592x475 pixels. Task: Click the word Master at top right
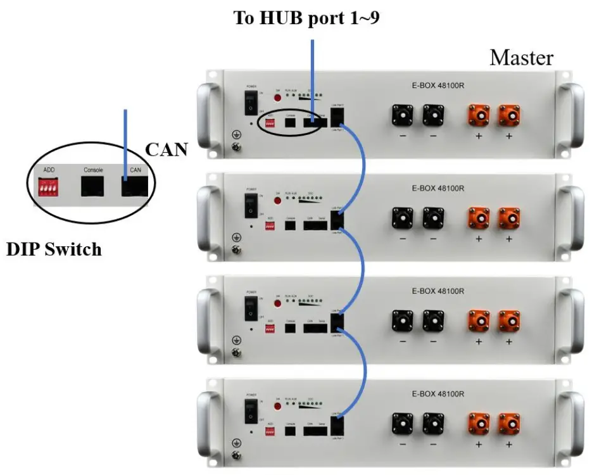coord(521,58)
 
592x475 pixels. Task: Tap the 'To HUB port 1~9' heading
coord(307,18)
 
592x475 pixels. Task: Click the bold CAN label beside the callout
coord(167,149)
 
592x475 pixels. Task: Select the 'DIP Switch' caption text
coord(54,249)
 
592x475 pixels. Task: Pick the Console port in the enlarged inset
coord(92,186)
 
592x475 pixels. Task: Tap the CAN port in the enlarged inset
coord(135,186)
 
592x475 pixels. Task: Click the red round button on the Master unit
coord(277,98)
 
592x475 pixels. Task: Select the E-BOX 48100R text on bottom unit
coord(438,393)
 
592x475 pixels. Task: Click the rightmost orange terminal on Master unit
coord(508,115)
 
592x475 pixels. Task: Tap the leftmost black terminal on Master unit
coord(402,115)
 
